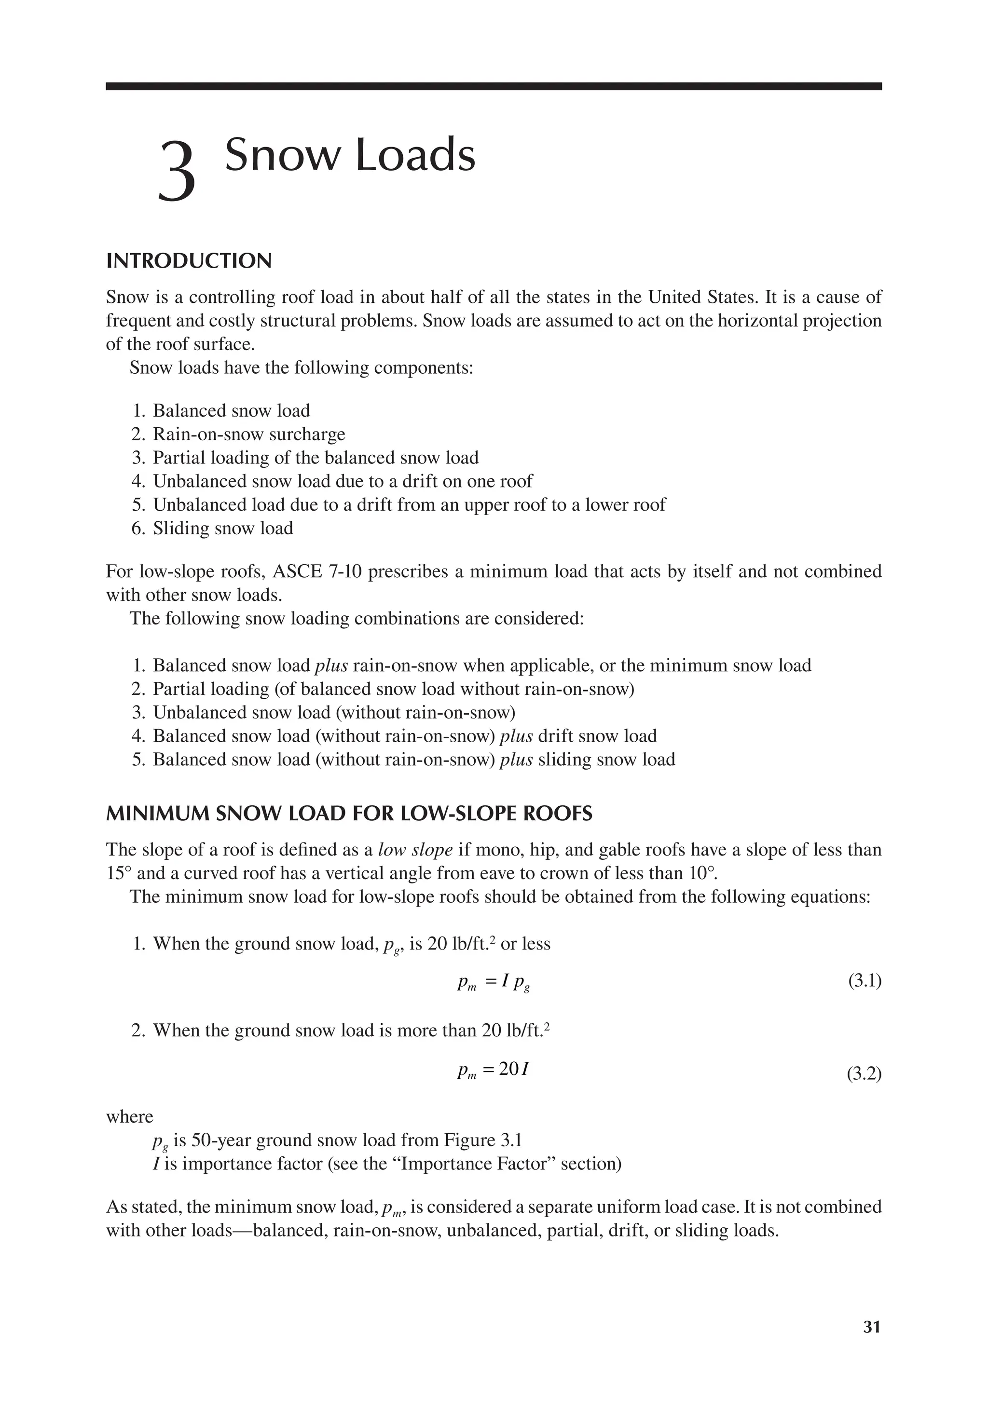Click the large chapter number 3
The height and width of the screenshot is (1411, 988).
(x=177, y=172)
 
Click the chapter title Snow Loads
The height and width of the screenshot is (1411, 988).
(x=350, y=155)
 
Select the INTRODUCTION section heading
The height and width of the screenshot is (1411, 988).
(x=189, y=261)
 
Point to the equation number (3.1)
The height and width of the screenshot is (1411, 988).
(x=864, y=981)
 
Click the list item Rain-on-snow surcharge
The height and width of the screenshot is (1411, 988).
(x=249, y=434)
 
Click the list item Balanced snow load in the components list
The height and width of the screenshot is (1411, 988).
(x=231, y=410)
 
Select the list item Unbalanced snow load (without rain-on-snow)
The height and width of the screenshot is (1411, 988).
(x=334, y=712)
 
